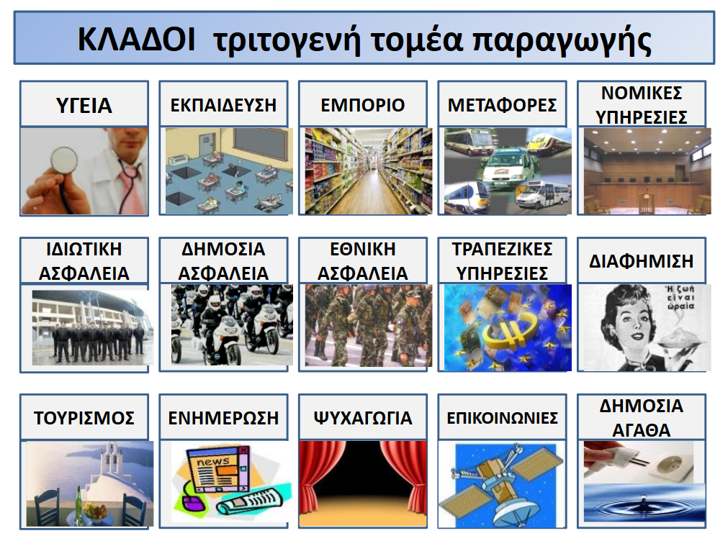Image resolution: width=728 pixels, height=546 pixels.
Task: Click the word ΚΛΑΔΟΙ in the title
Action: (x=136, y=39)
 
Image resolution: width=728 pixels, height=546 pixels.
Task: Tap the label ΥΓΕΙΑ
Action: (x=84, y=105)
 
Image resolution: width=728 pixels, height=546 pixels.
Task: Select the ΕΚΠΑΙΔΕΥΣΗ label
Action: (x=223, y=105)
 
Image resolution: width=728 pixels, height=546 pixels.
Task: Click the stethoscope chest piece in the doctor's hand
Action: (x=63, y=160)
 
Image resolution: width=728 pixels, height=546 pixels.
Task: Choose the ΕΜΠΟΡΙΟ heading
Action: (x=363, y=105)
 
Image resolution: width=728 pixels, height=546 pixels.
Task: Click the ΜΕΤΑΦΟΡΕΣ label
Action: (x=502, y=105)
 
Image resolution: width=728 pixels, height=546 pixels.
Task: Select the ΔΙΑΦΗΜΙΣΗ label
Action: (x=641, y=261)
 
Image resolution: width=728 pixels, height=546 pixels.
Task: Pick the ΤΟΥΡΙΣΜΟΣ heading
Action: (x=84, y=418)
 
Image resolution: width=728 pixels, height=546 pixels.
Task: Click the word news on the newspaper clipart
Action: (x=212, y=462)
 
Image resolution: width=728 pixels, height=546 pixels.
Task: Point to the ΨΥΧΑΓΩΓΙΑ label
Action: (x=363, y=418)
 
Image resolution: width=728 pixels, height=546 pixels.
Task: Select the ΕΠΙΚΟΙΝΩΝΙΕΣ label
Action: (x=502, y=418)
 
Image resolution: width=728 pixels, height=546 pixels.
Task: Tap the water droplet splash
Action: (x=644, y=501)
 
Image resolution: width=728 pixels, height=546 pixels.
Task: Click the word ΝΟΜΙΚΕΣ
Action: (x=642, y=94)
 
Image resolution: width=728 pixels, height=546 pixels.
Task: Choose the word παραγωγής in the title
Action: (x=562, y=41)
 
